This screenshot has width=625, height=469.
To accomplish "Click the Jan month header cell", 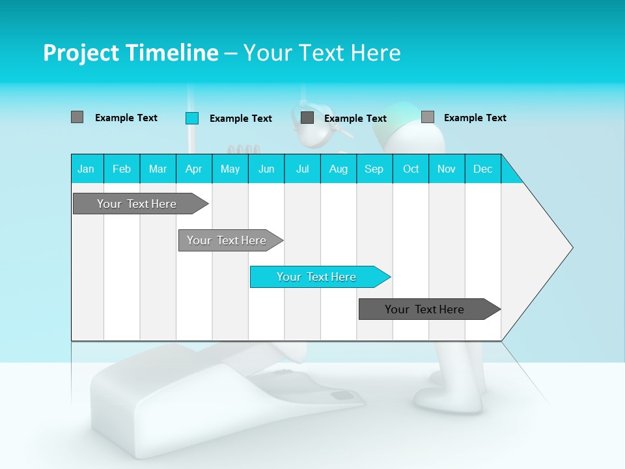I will coord(86,169).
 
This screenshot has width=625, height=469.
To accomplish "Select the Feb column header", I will coord(122,169).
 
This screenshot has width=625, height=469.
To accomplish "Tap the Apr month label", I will coord(193,169).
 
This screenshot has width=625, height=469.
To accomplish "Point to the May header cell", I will coord(230,169).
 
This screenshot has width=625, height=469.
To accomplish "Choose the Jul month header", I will coord(302,169).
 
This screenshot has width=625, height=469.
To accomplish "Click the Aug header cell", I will coord(338,169).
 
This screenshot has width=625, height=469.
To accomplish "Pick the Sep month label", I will coord(374,169).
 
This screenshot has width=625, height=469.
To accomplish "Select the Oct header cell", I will coord(411,169).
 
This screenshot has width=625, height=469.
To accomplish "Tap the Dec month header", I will coord(482,169).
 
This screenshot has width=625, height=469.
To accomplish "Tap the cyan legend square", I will coord(192,118).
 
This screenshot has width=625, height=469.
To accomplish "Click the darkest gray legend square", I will coord(307,118).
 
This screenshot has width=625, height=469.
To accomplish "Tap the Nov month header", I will coord(447,169).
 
